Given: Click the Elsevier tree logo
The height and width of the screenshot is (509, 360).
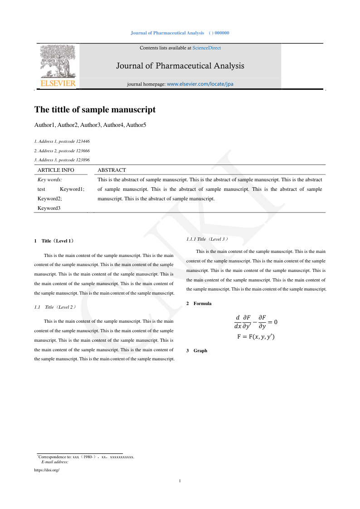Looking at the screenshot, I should pyautogui.click(x=58, y=61).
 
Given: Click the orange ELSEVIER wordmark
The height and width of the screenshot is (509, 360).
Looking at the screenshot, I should pyautogui.click(x=58, y=84).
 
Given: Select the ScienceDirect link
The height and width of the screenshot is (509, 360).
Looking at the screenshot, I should pyautogui.click(x=207, y=48).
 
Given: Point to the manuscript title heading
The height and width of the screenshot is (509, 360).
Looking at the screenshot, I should pyautogui.click(x=95, y=110).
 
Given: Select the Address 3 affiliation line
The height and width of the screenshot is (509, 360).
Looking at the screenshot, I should pyautogui.click(x=62, y=160).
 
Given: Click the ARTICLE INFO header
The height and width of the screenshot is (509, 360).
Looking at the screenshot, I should pyautogui.click(x=56, y=170).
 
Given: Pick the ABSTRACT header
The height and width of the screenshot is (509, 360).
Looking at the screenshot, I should pyautogui.click(x=112, y=170).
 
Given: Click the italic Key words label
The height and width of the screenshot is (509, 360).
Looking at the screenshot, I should pyautogui.click(x=50, y=179).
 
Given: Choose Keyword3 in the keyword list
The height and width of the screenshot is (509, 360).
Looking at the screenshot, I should pyautogui.click(x=49, y=208).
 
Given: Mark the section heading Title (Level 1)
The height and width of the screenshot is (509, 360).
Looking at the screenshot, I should pyautogui.click(x=57, y=241).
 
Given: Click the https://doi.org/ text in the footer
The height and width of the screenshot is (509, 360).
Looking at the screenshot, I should pyautogui.click(x=47, y=470).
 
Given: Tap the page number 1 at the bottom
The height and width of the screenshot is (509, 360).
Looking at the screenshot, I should pyautogui.click(x=180, y=480).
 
